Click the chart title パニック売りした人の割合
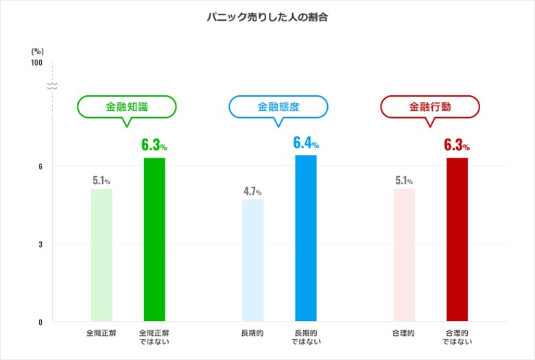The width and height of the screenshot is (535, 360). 267,17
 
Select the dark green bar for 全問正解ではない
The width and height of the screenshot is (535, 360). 154,240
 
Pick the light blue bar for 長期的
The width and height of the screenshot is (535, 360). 252,261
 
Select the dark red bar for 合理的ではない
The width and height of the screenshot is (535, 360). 457,240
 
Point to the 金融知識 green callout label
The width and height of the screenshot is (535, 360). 127,107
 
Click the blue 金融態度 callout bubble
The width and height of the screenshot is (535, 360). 278,107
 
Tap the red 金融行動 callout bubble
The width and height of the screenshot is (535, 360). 430,107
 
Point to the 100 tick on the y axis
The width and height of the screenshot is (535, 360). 36,63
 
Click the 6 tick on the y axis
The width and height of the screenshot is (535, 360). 40,166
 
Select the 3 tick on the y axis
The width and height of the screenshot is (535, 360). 40,244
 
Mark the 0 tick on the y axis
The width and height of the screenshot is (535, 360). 40,322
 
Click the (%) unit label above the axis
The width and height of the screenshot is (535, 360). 37,51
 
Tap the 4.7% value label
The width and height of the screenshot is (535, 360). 252,191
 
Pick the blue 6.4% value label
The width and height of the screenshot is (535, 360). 305,143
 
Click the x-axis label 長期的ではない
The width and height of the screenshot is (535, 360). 305,337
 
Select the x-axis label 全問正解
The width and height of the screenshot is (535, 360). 102,333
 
